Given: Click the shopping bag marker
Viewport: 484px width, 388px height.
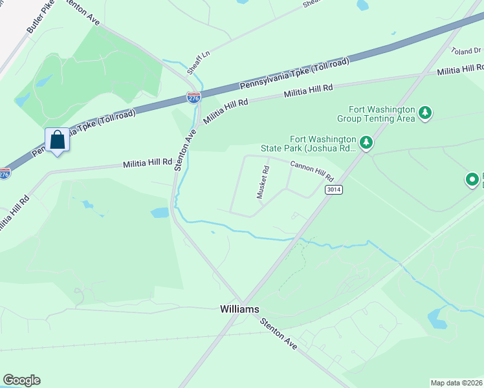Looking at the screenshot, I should (57, 140).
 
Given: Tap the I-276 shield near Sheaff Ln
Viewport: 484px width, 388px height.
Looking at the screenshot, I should (193, 97).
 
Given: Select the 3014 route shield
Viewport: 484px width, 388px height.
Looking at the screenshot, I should (333, 189).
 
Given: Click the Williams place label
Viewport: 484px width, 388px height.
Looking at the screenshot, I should (239, 309).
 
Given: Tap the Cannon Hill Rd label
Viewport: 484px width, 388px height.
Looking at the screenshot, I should (311, 171).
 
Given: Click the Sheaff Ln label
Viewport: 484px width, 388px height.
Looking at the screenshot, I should (199, 60).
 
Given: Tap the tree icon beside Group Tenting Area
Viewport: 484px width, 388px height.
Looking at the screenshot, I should (425, 114).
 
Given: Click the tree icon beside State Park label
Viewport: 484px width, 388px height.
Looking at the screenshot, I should (366, 142).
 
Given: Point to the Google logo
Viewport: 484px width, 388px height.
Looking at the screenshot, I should (21, 380).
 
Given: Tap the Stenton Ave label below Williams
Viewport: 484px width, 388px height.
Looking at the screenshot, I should (279, 334).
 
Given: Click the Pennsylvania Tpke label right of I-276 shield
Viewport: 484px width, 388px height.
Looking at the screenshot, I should (294, 74).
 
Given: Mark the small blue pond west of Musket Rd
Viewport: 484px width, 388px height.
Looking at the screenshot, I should (160, 212).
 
